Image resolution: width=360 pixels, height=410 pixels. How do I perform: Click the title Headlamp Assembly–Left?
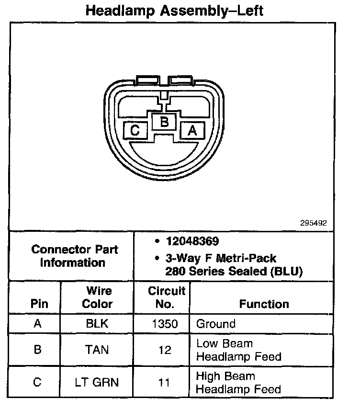[174, 11]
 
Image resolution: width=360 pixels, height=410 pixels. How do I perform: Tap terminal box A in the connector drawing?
[192, 130]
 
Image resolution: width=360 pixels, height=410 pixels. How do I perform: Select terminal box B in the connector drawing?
[164, 122]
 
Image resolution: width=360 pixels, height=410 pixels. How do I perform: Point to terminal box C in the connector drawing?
[135, 130]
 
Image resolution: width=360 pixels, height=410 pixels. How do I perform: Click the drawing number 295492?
[314, 223]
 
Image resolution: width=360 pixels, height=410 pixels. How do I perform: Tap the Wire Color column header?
[97, 297]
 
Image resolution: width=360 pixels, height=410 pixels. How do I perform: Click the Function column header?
[264, 304]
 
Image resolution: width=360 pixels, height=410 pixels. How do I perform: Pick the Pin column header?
[39, 304]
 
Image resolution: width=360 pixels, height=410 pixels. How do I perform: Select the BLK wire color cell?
[97, 324]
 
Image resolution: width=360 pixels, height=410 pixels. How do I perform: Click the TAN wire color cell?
[97, 350]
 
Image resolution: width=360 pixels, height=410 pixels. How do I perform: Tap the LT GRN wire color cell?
[97, 382]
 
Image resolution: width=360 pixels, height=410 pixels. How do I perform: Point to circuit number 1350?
[165, 324]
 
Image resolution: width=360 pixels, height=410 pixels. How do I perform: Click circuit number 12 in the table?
[165, 350]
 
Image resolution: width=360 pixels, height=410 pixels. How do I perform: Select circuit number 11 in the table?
[165, 382]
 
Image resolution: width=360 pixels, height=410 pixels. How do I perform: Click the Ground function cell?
[216, 324]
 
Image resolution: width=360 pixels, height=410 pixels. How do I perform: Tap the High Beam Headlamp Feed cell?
[238, 382]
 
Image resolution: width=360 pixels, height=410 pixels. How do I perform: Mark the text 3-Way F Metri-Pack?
[221, 258]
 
